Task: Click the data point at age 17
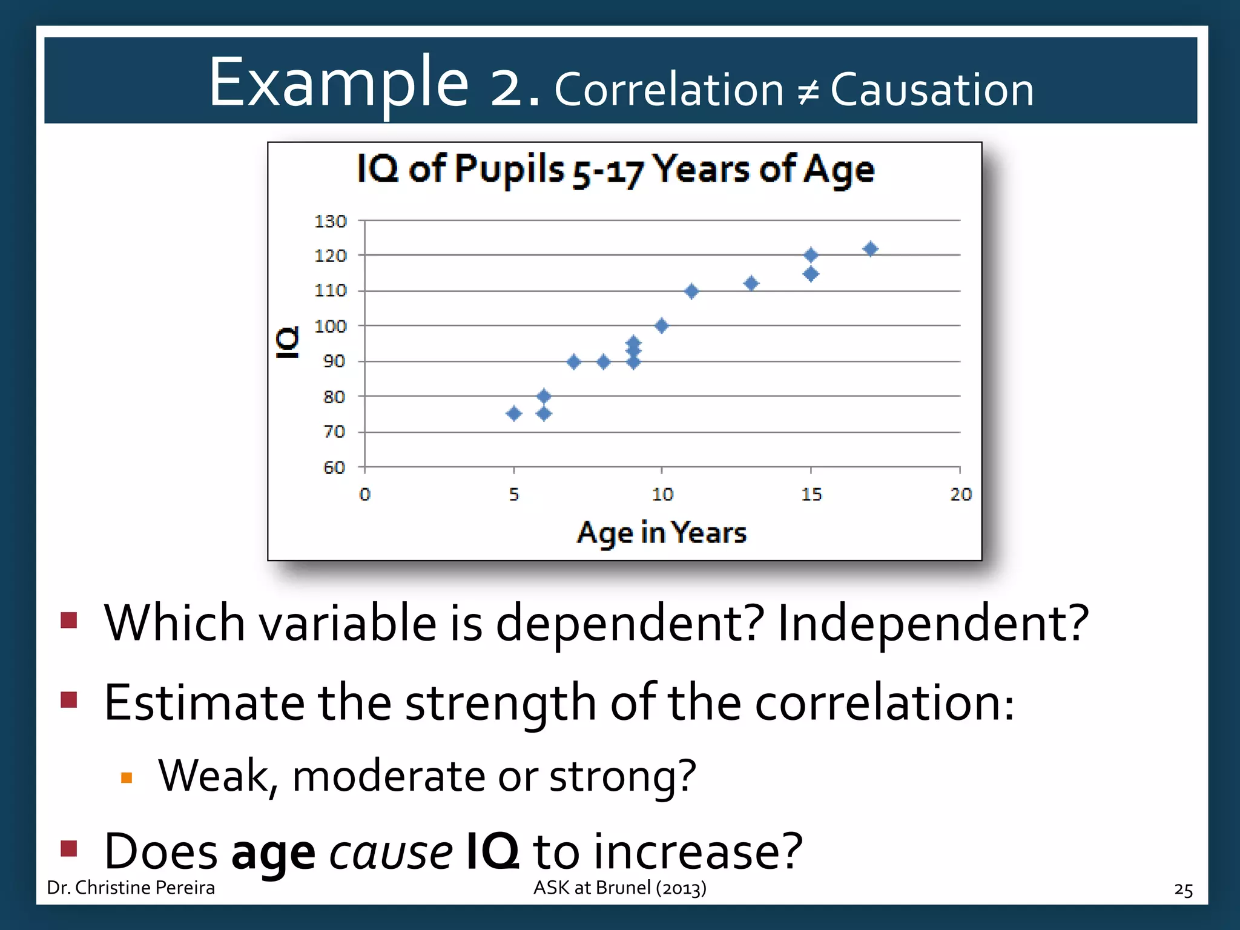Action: (x=870, y=249)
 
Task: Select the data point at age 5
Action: (x=514, y=414)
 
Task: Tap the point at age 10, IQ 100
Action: (x=662, y=326)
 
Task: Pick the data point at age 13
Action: (x=751, y=283)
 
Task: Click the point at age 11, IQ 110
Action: (x=691, y=291)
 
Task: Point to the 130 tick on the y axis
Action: (x=331, y=222)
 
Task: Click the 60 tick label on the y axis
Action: (x=334, y=467)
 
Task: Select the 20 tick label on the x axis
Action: (x=960, y=495)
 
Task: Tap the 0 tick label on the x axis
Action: (x=364, y=495)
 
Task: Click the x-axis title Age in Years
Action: (x=661, y=533)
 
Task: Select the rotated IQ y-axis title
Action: (x=288, y=343)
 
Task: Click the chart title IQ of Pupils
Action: (x=615, y=169)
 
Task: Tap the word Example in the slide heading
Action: (x=338, y=83)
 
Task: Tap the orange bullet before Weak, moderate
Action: (x=127, y=778)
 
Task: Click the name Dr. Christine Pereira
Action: (x=131, y=888)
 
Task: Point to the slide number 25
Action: (x=1183, y=889)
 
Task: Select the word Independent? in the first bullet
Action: (x=932, y=623)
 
